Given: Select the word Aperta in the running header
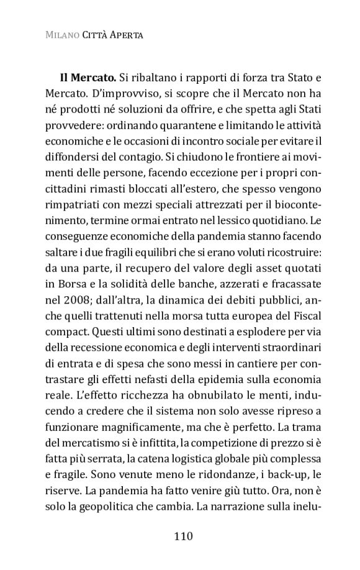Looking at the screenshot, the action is click(x=127, y=35).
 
